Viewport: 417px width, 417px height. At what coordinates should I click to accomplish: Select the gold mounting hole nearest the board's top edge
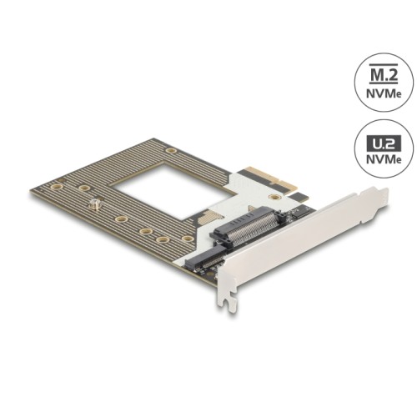pos(169,151)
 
